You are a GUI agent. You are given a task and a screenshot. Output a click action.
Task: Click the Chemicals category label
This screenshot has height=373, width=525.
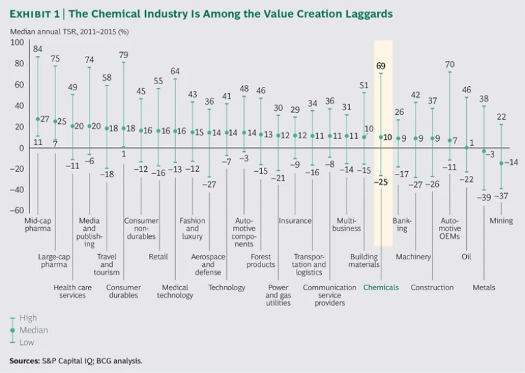click(x=381, y=287)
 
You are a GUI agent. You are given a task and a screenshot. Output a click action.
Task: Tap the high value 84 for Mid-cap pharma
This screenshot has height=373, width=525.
click(x=38, y=49)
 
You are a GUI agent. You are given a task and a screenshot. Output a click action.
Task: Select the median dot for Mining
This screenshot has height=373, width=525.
click(x=501, y=163)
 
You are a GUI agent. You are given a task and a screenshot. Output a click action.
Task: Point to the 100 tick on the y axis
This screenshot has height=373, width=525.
click(x=17, y=42)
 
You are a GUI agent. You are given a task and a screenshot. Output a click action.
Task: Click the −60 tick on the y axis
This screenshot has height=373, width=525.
click(x=16, y=211)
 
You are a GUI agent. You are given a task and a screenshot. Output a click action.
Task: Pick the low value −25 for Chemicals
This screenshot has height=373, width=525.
click(x=381, y=181)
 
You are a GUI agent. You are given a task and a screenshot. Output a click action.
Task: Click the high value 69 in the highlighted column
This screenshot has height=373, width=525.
click(x=381, y=66)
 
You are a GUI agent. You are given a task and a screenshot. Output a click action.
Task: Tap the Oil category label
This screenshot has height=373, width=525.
click(x=466, y=257)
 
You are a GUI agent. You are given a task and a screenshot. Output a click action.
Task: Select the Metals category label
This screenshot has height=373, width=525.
click(x=484, y=287)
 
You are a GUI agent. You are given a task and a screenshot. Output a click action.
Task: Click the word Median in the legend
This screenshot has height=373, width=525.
click(x=32, y=330)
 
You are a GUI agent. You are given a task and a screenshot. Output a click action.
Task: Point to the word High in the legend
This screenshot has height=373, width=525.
click(x=28, y=319)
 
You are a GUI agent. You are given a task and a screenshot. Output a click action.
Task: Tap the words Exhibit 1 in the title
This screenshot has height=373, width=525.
click(x=36, y=14)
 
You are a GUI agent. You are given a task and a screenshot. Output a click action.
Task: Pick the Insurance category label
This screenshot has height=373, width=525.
click(x=295, y=221)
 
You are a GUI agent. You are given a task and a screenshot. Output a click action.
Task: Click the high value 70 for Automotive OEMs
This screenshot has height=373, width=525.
click(x=449, y=64)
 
